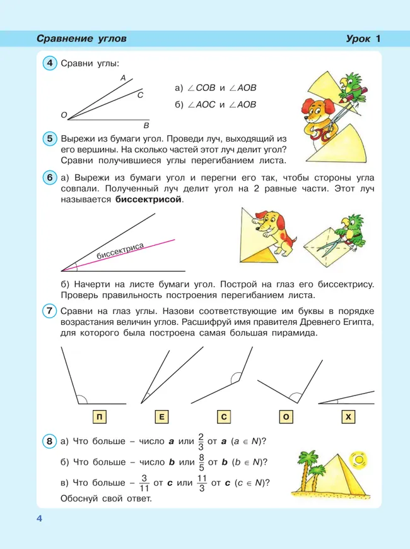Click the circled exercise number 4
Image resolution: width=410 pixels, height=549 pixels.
coord(49,64)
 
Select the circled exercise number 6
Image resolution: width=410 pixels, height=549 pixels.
coord(49,178)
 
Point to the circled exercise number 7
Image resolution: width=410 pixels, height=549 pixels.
coord(49,311)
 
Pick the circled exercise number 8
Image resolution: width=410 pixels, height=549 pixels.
coord(49,440)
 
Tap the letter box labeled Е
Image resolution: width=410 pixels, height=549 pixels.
coord(161,416)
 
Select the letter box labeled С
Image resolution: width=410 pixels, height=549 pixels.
coord(223,416)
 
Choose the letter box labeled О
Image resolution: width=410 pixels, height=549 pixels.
coord(286,416)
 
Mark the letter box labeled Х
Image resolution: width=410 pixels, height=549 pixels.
coord(348,416)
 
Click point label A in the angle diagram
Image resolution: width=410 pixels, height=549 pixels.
coord(122,78)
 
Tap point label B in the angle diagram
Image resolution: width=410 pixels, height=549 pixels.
coord(146,125)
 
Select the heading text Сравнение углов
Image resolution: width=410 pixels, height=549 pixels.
coord(81,39)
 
